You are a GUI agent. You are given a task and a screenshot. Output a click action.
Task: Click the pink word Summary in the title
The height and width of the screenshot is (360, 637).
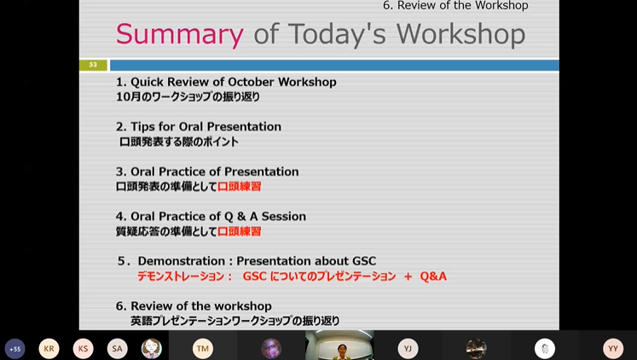[x=180, y=34]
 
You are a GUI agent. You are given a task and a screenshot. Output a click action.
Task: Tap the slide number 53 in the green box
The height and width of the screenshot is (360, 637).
[x=93, y=65]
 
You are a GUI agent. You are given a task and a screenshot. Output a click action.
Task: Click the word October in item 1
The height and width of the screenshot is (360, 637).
[x=251, y=82]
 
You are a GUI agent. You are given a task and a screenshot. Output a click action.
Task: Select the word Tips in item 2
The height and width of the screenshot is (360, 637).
[x=143, y=127]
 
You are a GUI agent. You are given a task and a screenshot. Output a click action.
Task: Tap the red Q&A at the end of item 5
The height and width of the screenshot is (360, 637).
[x=433, y=276]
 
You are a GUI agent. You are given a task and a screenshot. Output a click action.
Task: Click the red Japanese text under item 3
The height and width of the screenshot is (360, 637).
[x=240, y=187]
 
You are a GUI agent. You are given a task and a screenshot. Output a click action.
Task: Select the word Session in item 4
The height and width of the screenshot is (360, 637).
[x=284, y=216]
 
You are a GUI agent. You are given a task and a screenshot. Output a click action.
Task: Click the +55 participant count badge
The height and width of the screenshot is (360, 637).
[x=15, y=349]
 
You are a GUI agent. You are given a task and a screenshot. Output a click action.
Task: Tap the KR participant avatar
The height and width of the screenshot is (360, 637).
[x=49, y=349]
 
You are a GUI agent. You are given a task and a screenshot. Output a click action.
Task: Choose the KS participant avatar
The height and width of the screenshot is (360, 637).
[x=84, y=349]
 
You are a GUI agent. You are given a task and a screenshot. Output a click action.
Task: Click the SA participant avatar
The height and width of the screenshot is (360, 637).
[x=118, y=349]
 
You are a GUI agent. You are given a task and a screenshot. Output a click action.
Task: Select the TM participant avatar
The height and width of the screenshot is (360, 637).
[x=203, y=349]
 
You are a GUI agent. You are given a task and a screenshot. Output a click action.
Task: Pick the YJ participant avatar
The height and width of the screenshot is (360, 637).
[x=408, y=349]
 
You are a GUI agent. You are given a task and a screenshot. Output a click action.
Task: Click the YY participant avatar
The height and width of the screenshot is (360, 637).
[x=613, y=349]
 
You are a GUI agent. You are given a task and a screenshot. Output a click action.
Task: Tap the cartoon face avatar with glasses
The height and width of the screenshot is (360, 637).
[x=152, y=349]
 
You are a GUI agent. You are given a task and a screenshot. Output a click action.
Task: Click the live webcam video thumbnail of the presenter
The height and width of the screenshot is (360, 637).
[x=339, y=345]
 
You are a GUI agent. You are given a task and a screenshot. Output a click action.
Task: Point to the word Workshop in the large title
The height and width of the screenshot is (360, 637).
[x=460, y=34]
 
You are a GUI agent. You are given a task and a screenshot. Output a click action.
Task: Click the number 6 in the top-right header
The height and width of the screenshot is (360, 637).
[x=386, y=6]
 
